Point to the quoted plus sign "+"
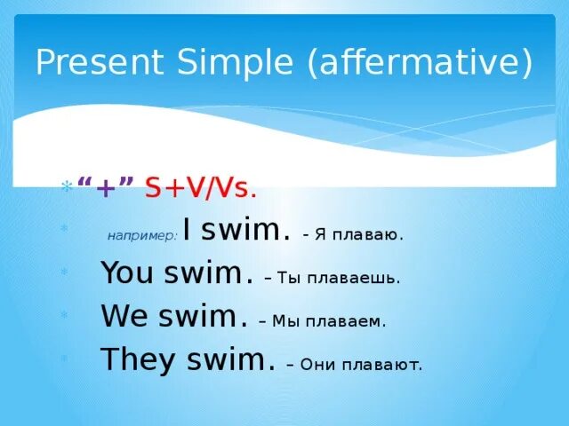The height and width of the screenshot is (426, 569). tap(107, 187)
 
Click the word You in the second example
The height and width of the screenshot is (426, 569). tap(128, 273)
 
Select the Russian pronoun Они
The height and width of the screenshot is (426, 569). tap(317, 364)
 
